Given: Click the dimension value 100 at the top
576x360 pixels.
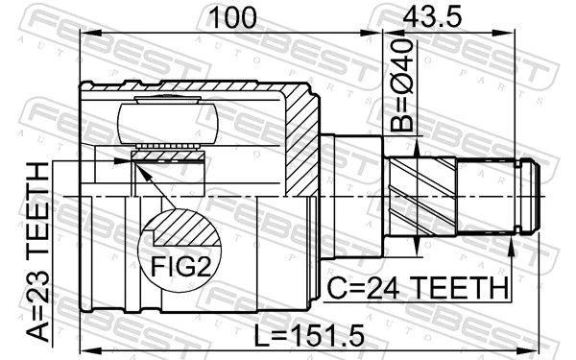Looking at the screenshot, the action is pyautogui.click(x=232, y=18).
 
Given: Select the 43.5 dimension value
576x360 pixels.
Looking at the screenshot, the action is pyautogui.click(x=432, y=17).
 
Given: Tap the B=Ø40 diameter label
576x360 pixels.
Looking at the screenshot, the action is pyautogui.click(x=401, y=85).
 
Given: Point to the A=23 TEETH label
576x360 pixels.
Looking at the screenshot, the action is pyautogui.click(x=38, y=252).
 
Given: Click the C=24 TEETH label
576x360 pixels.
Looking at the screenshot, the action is pyautogui.click(x=419, y=288).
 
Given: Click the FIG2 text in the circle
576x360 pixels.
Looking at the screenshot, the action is pyautogui.click(x=181, y=266).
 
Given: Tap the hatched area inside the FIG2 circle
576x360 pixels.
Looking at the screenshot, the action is pyautogui.click(x=187, y=228).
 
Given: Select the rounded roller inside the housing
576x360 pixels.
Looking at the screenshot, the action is pyautogui.click(x=168, y=123).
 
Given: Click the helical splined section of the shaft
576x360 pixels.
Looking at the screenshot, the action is pyautogui.click(x=422, y=197).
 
